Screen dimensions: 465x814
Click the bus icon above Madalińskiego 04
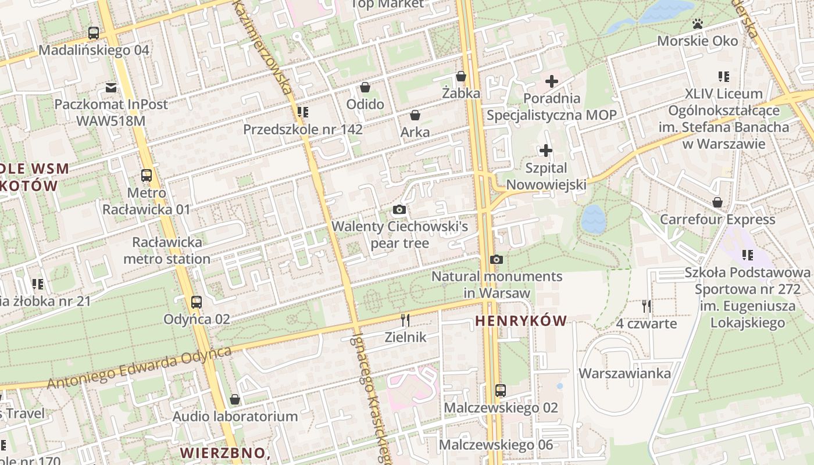pos(94,33)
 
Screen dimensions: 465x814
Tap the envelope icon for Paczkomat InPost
pos(111,88)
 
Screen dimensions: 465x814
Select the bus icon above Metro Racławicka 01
pos(147,176)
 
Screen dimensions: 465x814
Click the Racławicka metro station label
pos(167,251)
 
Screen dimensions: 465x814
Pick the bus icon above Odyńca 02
pos(197,302)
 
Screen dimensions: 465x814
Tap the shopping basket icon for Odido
pos(365,88)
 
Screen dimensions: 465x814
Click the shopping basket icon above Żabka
pos(461,76)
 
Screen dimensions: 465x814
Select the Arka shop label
pos(415,132)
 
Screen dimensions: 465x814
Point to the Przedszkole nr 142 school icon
pos(302,112)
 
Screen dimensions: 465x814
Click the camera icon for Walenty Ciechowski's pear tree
pos(399,209)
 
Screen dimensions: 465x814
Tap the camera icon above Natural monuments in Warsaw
pos(496,259)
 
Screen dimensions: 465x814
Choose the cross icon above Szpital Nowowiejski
pos(546,151)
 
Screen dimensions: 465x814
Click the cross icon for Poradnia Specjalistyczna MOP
pos(552,81)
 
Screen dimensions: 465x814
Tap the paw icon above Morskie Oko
pos(698,24)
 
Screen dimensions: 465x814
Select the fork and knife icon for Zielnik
pos(406,320)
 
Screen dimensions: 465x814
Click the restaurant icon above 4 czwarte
pos(647,306)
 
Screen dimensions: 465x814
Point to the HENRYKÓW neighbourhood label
pos(521,321)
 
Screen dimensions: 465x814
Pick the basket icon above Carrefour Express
pos(717,202)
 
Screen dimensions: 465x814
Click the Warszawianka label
pos(624,373)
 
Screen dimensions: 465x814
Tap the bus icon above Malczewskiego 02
pos(501,391)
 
